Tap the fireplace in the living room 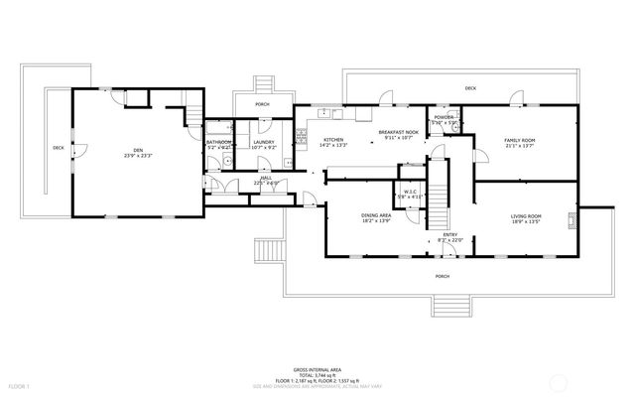click(x=572, y=220)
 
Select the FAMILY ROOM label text click(x=519, y=141)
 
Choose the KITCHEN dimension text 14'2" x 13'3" click(x=333, y=146)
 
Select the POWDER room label click(x=444, y=117)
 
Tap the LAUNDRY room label click(x=263, y=143)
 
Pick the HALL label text click(x=266, y=178)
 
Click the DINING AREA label click(x=375, y=214)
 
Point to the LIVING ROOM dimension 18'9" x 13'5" click(x=525, y=221)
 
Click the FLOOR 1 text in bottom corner click(x=19, y=385)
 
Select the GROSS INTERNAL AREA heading click(x=317, y=366)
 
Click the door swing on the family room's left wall click(x=479, y=157)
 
